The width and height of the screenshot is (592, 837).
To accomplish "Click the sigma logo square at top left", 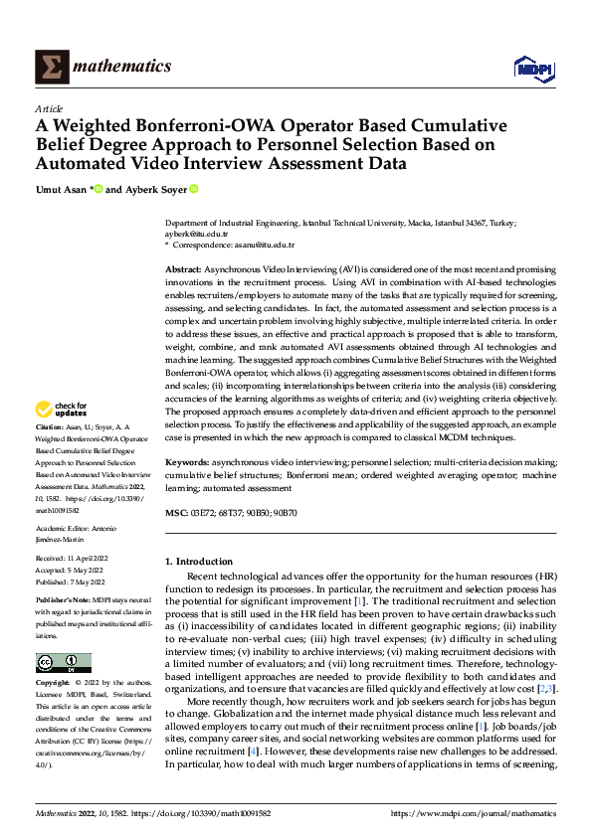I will (50, 67).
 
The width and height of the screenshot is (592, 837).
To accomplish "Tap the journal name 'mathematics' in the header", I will (124, 67).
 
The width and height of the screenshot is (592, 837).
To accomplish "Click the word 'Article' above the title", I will (49, 108).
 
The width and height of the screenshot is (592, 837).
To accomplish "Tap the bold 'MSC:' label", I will (176, 512).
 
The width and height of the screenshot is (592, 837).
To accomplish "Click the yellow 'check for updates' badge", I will (62, 410).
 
